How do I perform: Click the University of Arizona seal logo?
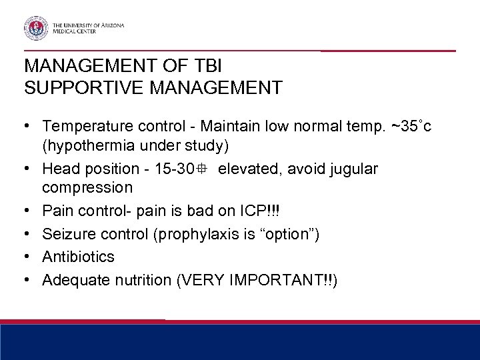[x=35, y=27]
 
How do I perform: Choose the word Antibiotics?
[x=78, y=257]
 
